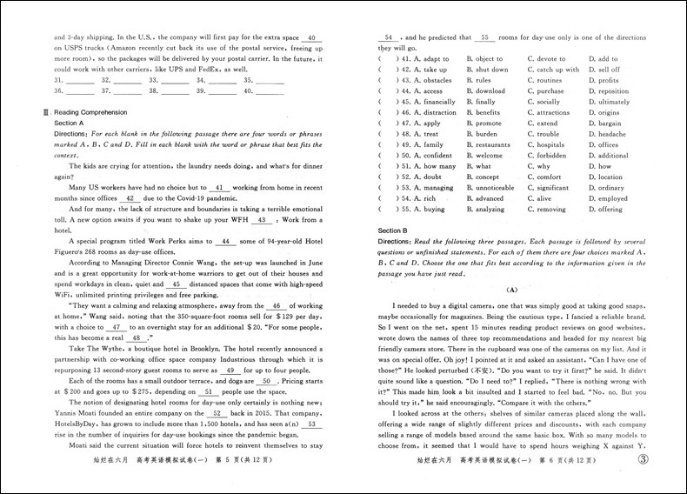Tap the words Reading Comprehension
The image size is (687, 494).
(90, 112)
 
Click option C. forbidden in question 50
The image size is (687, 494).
(548, 156)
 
